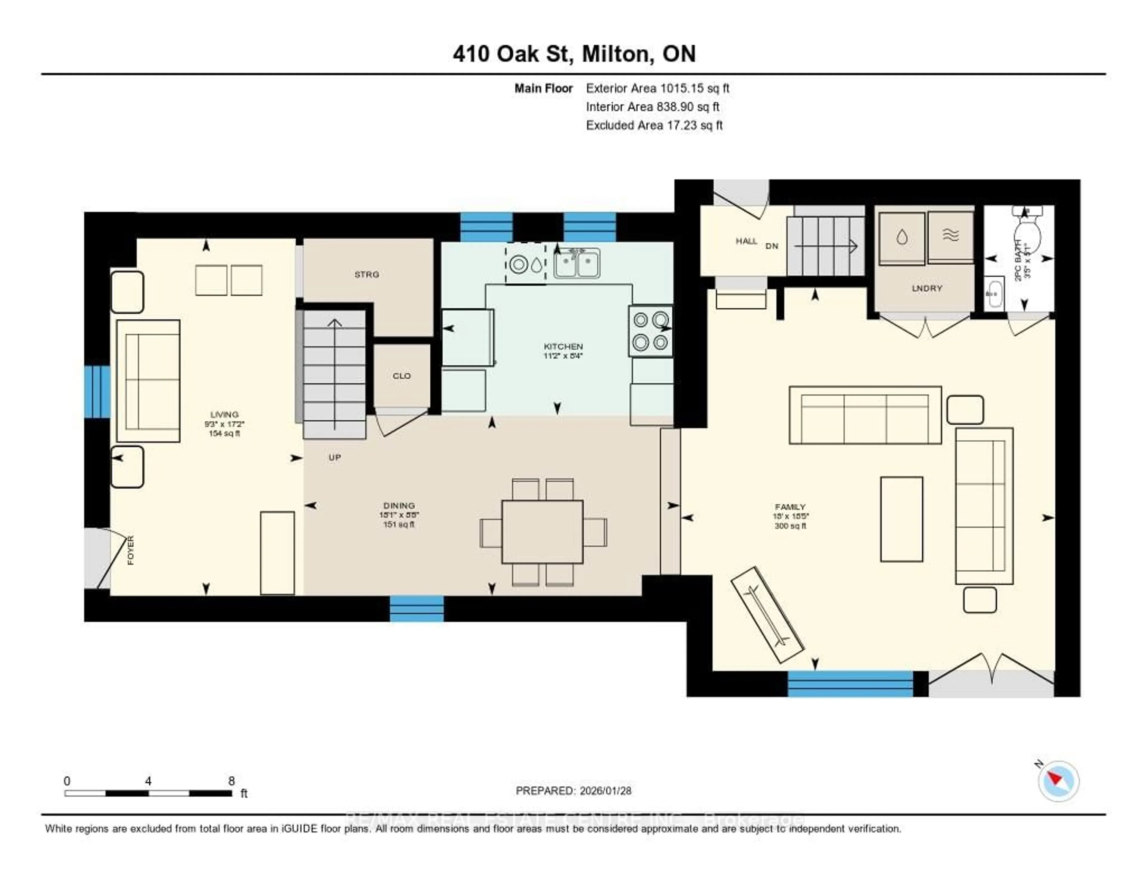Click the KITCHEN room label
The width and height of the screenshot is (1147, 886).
click(x=563, y=347)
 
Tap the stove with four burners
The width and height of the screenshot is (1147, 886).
click(x=650, y=331)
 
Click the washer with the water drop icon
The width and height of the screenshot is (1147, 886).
click(x=902, y=238)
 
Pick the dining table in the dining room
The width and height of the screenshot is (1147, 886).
click(x=542, y=531)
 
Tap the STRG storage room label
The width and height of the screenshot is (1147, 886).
click(x=367, y=274)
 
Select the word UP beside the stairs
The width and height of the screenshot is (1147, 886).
click(x=335, y=457)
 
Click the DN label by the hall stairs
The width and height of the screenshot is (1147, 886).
click(x=772, y=246)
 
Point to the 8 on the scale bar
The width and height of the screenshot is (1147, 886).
click(x=231, y=781)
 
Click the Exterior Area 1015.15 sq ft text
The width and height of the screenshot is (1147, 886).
click(x=657, y=88)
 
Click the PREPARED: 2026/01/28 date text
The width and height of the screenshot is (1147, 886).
click(x=573, y=790)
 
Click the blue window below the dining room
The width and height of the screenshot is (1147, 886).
click(x=416, y=608)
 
